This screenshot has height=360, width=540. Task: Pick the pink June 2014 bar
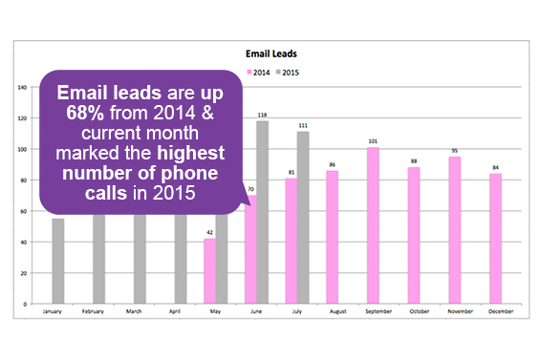251,249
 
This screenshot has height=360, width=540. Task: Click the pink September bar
373,225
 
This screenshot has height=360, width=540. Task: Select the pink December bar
496,239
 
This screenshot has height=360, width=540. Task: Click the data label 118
262,115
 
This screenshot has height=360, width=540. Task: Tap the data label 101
373,141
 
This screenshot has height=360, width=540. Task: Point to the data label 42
209,232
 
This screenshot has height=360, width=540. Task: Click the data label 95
455,150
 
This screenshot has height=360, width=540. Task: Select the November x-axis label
455,312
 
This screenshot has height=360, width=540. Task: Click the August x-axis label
332,312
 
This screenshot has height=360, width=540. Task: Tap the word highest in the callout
189,153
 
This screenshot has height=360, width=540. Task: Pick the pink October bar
414,235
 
